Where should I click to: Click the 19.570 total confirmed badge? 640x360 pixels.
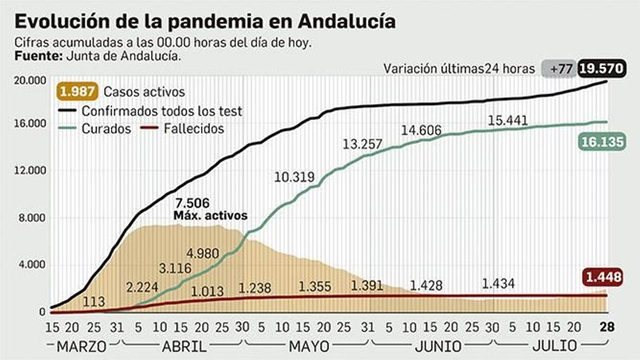tap(602, 69)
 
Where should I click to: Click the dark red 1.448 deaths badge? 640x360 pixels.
tap(604, 277)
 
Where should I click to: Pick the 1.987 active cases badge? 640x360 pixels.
tap(77, 92)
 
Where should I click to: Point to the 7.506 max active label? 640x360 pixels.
tap(192, 203)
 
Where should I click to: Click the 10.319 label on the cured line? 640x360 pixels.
tap(294, 177)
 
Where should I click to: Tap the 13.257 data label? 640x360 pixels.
tap(362, 144)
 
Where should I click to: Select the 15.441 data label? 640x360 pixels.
tap(508, 120)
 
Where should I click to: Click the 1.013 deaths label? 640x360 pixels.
tap(207, 291)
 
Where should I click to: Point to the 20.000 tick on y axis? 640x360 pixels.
tap(30, 80)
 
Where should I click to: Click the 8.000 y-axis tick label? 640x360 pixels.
tap(32, 218)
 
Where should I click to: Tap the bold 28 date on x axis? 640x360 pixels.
tap(607, 327)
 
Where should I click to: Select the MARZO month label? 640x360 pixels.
tap(82, 346)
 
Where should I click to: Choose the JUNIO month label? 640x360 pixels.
tap(438, 346)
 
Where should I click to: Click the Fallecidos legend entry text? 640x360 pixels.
tap(194, 129)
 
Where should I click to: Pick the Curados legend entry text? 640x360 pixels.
tap(106, 129)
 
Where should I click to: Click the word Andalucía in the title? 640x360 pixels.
tap(347, 21)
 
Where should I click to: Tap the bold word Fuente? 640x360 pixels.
tap(38, 56)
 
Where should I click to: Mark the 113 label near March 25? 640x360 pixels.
tap(94, 302)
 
